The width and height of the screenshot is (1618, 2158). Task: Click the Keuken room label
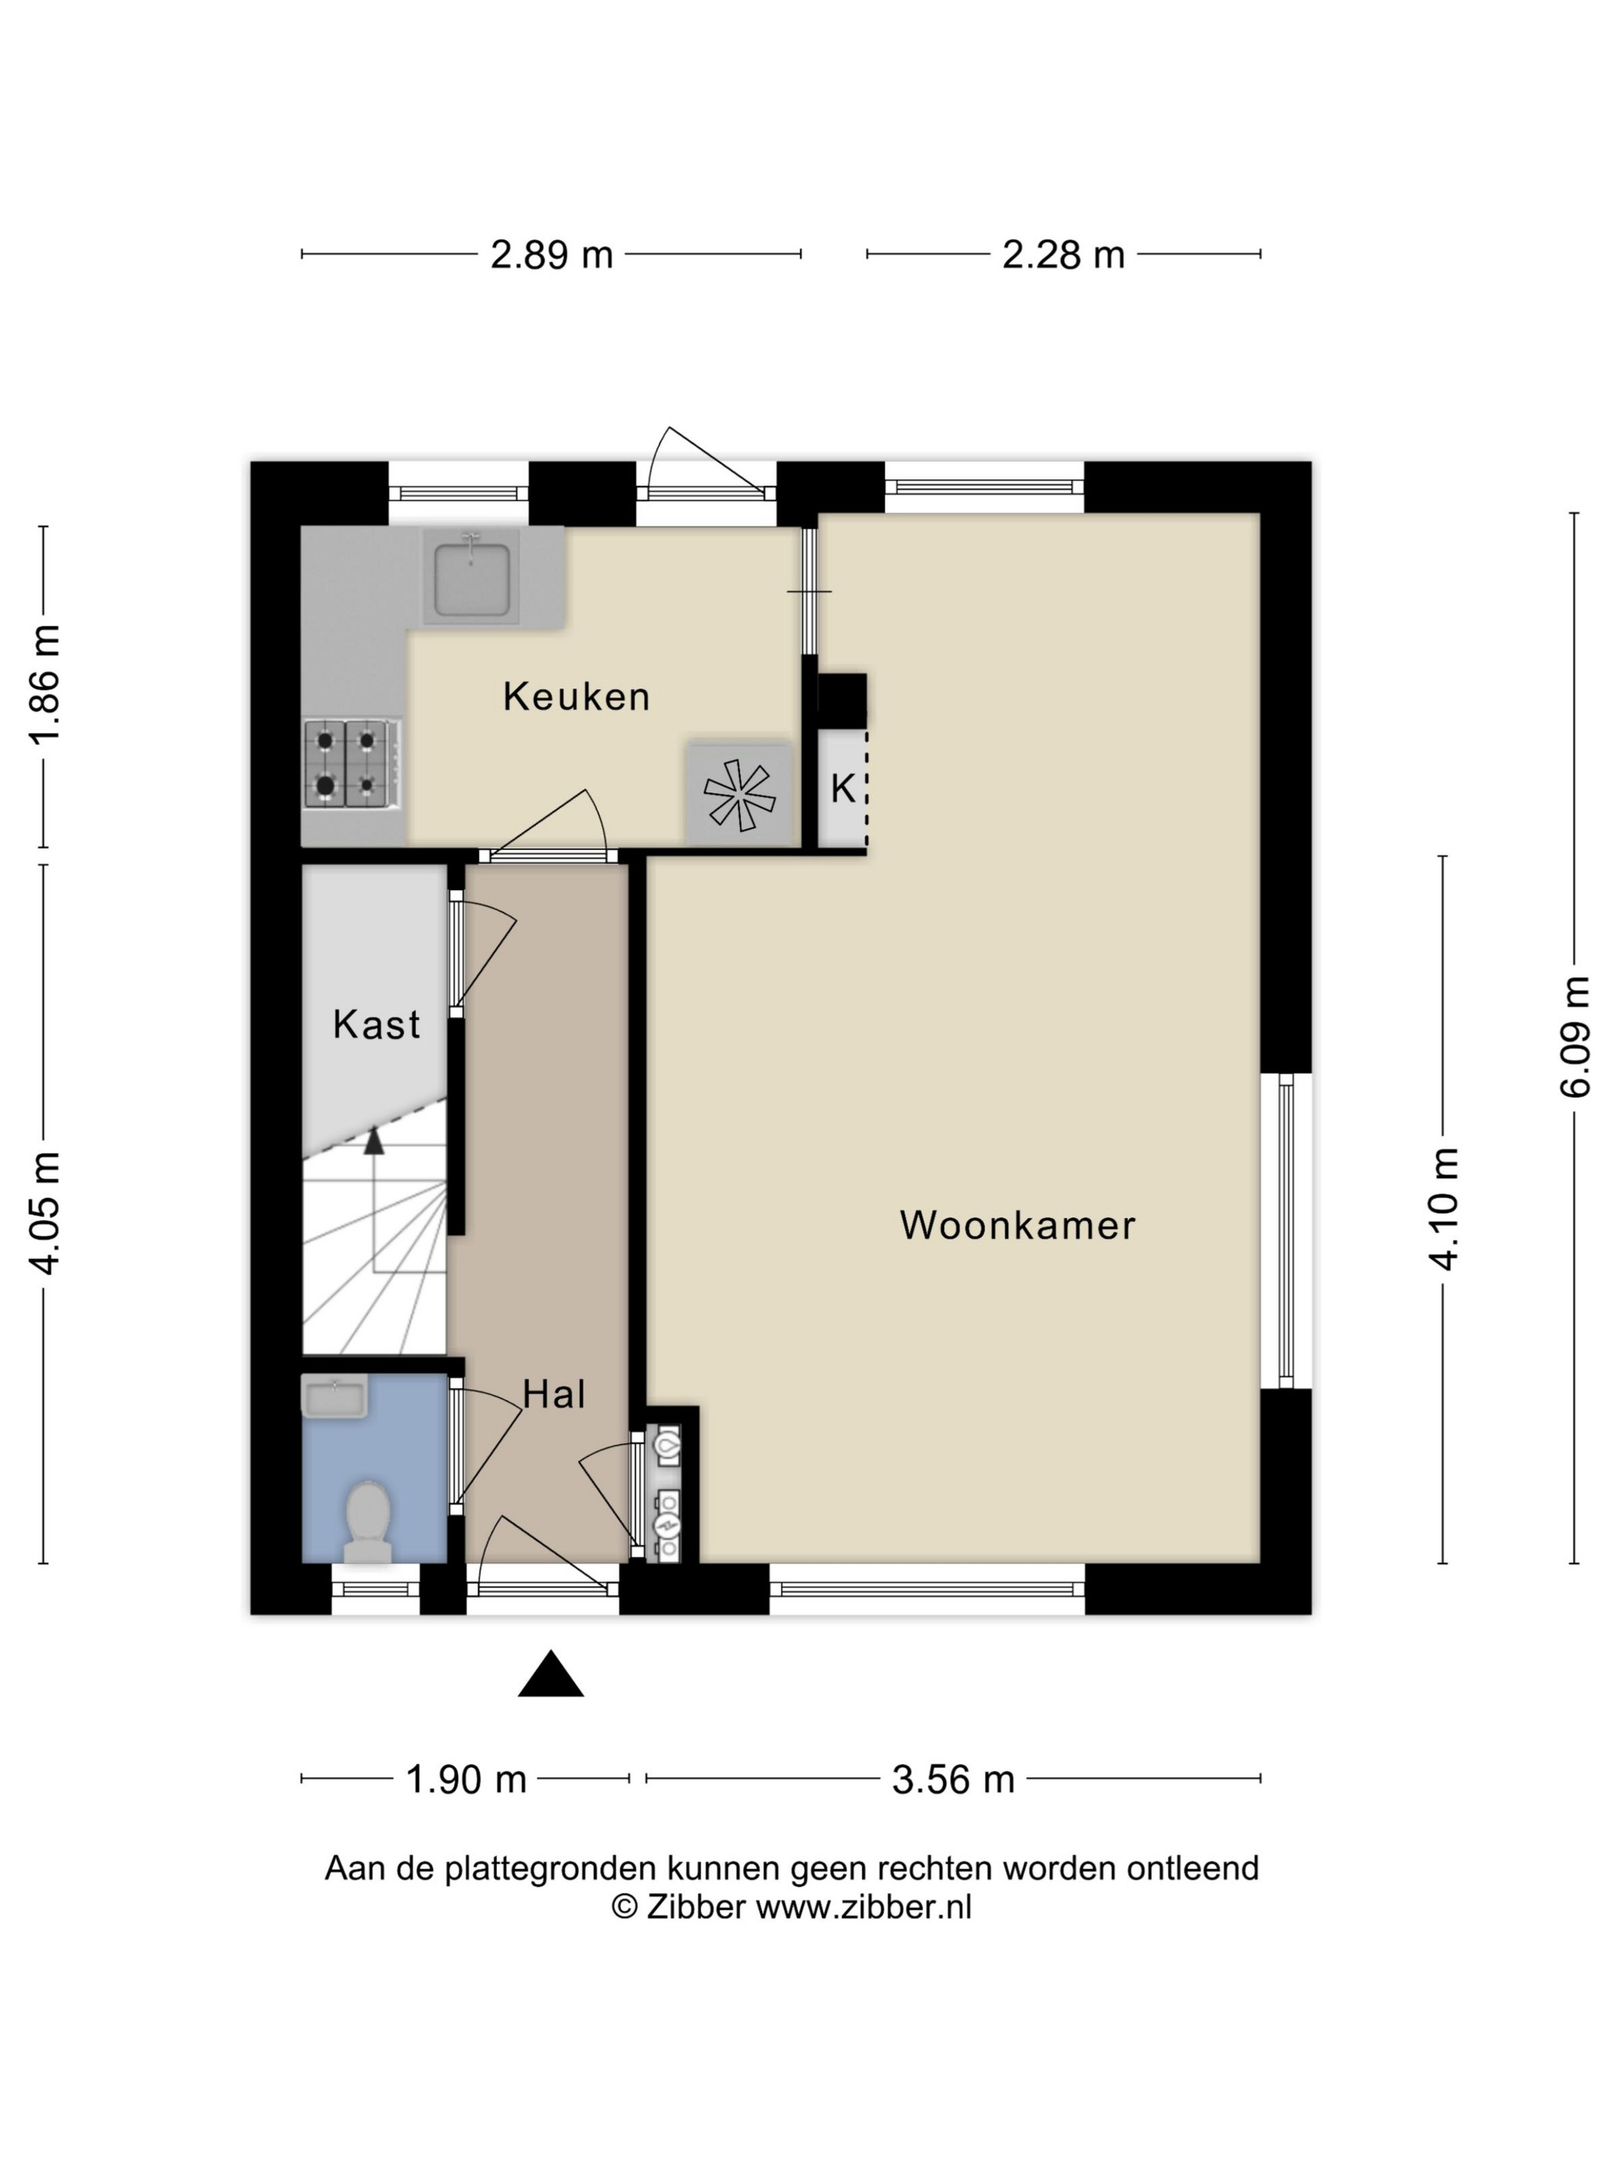(x=576, y=697)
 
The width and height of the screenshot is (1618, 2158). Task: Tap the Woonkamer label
(x=1017, y=1225)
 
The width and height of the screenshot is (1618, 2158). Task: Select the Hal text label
(x=554, y=1394)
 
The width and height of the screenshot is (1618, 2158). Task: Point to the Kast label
(x=377, y=1024)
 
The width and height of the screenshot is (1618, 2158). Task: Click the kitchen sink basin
(x=472, y=580)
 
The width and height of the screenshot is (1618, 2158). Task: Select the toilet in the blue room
(x=368, y=1522)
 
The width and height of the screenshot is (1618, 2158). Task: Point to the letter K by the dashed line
(x=843, y=788)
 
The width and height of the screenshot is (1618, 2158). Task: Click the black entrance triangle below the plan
(x=551, y=1674)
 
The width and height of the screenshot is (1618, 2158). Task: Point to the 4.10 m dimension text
(x=1445, y=1208)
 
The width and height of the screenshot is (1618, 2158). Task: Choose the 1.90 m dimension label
(x=465, y=1780)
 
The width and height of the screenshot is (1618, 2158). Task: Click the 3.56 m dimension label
(x=953, y=1780)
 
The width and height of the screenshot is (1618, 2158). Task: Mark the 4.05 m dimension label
(x=45, y=1212)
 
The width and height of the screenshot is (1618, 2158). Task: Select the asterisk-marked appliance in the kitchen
(x=739, y=794)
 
